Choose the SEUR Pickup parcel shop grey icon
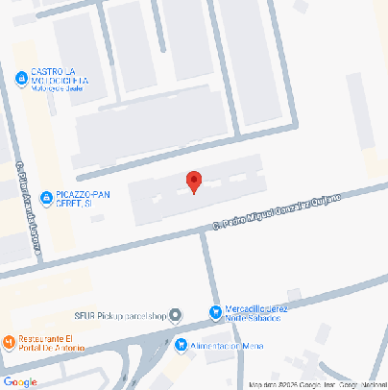[177, 316]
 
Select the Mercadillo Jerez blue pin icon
[215, 311]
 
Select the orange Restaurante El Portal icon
[9, 342]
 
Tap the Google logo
[20, 381]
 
